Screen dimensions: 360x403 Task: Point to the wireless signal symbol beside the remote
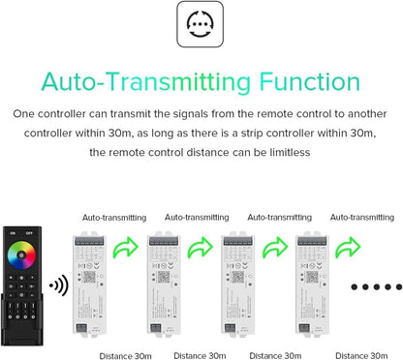(58, 285)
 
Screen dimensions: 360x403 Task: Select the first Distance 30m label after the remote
(124, 357)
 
